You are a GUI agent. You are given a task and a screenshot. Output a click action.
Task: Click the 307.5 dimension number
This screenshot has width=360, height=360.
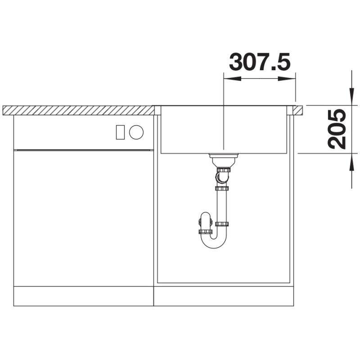pyautogui.click(x=260, y=62)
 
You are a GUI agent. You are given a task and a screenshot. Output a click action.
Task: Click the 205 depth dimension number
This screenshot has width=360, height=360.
pyautogui.click(x=337, y=129)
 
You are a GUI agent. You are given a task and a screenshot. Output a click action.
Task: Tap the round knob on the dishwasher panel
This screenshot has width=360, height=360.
pyautogui.click(x=136, y=132)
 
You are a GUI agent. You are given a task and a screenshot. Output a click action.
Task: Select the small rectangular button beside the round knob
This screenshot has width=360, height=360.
pyautogui.click(x=120, y=132)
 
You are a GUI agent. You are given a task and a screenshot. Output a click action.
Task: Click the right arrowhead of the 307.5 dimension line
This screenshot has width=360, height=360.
pyautogui.click(x=287, y=79)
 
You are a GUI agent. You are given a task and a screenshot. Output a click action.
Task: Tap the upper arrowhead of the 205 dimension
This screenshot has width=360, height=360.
pyautogui.click(x=351, y=96)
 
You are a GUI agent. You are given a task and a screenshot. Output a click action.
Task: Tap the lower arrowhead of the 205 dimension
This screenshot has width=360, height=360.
pyautogui.click(x=351, y=162)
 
